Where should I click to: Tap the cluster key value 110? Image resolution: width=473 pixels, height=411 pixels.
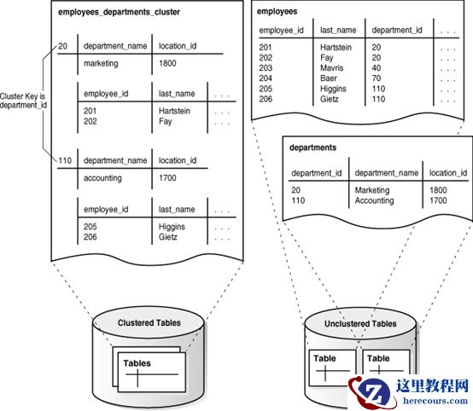(65, 160)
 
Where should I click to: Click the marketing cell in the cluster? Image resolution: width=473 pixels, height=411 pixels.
(102, 63)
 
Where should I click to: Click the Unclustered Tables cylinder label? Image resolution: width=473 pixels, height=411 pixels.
(359, 324)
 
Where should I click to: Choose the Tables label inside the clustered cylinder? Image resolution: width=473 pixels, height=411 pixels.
(137, 364)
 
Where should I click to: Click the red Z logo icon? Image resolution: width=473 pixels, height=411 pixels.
(373, 391)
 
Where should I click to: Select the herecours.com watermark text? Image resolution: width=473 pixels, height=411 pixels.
(431, 402)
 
